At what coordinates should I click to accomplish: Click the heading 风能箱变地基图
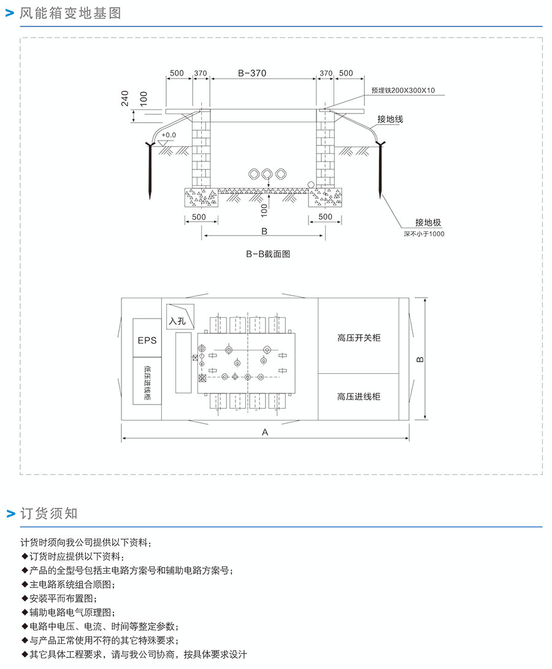[71, 13]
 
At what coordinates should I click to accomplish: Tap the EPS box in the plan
[147, 339]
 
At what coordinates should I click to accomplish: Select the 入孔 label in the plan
[177, 320]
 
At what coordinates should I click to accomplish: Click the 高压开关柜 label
[359, 338]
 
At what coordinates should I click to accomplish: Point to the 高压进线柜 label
[359, 396]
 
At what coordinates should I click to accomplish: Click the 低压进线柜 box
[147, 383]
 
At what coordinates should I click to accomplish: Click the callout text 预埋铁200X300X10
[403, 90]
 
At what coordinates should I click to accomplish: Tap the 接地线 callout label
[390, 119]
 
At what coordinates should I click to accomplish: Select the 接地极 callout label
[428, 222]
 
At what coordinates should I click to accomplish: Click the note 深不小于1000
[424, 234]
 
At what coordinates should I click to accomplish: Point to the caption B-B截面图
[268, 253]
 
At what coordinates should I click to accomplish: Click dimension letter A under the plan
[265, 432]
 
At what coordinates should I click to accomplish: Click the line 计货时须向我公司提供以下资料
[84, 543]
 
